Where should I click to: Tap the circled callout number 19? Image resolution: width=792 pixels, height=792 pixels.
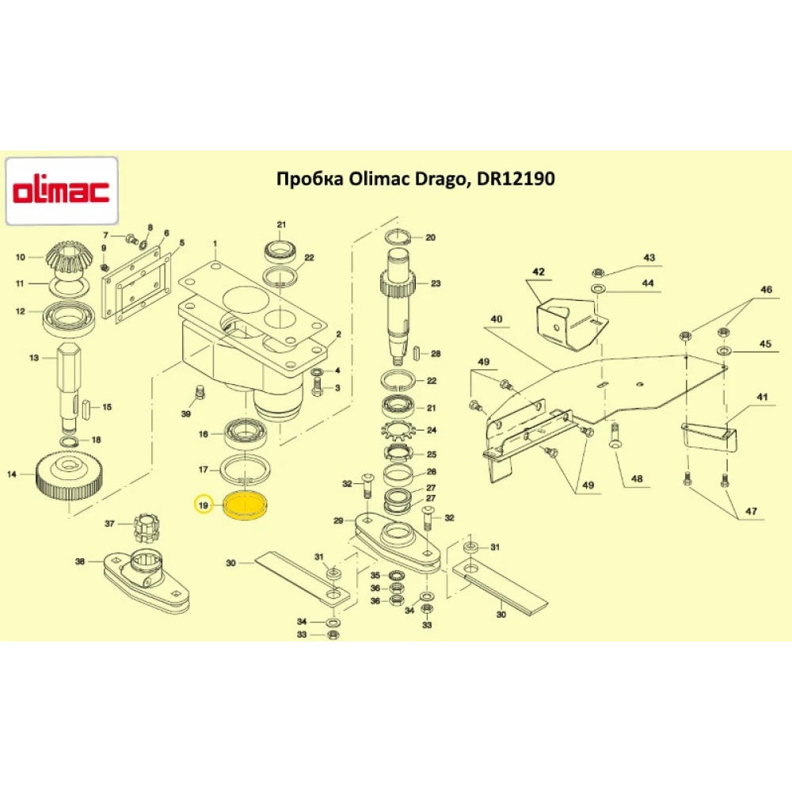(x=204, y=505)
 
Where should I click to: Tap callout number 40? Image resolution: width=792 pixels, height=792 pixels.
(x=496, y=319)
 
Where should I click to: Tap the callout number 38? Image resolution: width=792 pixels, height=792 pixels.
(x=79, y=562)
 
